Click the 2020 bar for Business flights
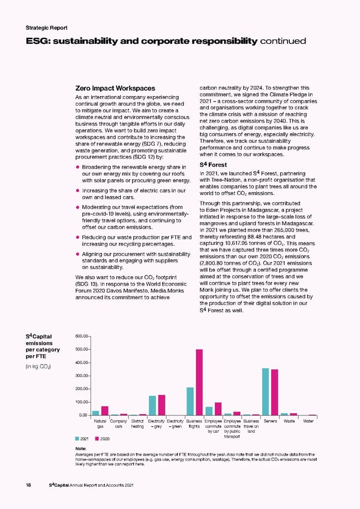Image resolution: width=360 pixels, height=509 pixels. [x=199, y=382]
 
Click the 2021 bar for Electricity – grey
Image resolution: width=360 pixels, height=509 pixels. [x=152, y=405]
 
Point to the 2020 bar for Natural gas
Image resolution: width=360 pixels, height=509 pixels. [x=105, y=411]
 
